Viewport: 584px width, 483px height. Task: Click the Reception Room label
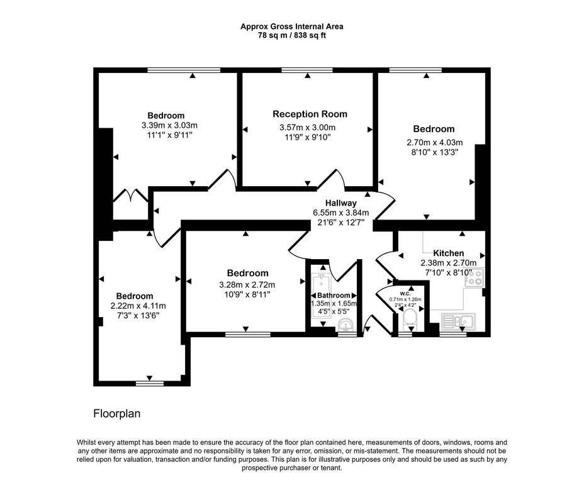coord(310,114)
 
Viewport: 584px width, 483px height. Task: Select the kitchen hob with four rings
coord(473,277)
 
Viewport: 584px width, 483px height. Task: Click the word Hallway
coord(341,203)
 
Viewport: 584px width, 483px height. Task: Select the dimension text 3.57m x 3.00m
coord(308,128)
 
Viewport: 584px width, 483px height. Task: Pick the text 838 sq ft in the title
coord(308,35)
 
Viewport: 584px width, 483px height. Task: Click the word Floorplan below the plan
coord(116,414)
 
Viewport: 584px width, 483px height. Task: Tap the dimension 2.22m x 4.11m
coord(134,306)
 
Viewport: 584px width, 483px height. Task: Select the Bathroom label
coord(333,295)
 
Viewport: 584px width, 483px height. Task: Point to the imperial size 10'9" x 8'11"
coord(247,294)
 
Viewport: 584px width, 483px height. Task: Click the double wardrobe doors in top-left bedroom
coord(131,196)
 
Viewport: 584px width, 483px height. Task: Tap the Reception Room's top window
coord(307,70)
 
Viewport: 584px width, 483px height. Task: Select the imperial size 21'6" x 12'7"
coord(340,222)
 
